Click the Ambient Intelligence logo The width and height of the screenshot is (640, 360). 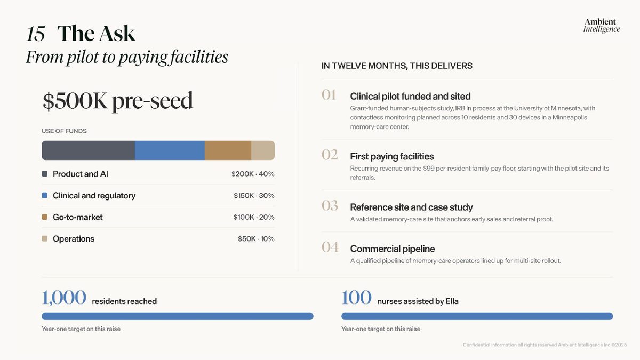(x=602, y=26)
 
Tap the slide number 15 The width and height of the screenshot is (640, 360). (x=35, y=34)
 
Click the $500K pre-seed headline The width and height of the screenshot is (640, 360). (x=118, y=101)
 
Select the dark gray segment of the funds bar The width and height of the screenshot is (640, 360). (x=89, y=150)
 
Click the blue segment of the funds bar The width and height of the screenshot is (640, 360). (x=170, y=150)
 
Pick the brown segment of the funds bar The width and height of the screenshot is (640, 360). (x=228, y=150)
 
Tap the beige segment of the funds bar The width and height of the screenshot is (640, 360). (x=263, y=150)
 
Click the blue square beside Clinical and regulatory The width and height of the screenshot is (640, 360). (x=45, y=195)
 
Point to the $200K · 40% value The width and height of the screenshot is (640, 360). (x=253, y=174)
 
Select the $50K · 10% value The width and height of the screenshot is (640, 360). (x=256, y=239)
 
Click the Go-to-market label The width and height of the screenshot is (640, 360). (x=78, y=218)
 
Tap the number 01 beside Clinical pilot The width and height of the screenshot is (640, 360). (x=329, y=95)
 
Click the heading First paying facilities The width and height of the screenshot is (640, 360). (x=391, y=157)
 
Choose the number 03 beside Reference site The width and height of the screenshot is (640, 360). (x=330, y=206)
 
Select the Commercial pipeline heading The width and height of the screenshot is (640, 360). (x=393, y=249)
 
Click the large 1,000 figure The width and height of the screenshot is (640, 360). (x=63, y=298)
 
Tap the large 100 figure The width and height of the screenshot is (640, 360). (x=356, y=298)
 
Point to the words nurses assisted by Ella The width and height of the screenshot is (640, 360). (x=418, y=301)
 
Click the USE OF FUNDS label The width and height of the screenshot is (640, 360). (x=64, y=131)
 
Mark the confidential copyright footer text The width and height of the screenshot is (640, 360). (x=545, y=345)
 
